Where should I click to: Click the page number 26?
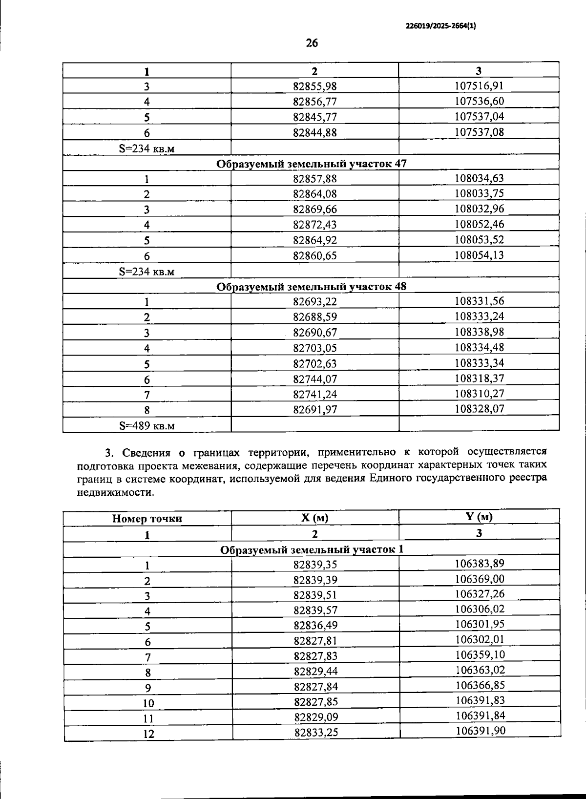coord(312,43)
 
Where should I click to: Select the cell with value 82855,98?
coord(315,86)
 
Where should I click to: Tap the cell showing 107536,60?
coord(479,101)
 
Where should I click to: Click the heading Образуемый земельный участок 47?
coord(311,164)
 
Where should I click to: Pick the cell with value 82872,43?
coord(315,225)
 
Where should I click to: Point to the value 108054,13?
coord(479,255)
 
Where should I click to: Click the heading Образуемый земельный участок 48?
coord(311,287)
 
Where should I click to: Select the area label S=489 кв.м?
coord(146,425)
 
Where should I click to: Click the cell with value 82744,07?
coord(315,379)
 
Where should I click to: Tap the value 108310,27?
coord(479,394)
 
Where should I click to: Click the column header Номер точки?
coord(147,519)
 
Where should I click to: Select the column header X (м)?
coord(315,518)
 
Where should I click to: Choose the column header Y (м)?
coord(479,517)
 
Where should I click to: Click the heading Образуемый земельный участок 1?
coord(312,549)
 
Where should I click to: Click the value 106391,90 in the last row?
coord(480,731)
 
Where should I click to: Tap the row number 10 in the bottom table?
coord(148,703)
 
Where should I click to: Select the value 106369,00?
coord(480,579)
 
